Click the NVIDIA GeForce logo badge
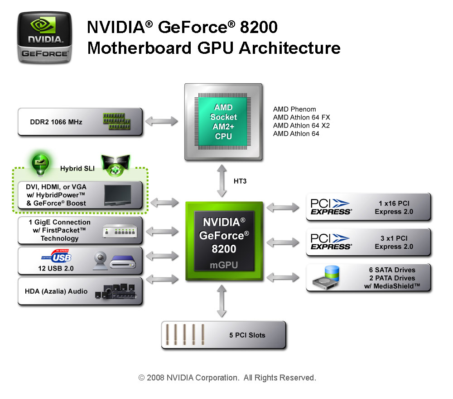(44, 37)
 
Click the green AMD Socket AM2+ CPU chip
(223, 122)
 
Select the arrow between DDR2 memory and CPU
(162, 122)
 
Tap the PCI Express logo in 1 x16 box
(331, 207)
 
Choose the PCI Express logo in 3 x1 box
(331, 242)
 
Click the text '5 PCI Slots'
(247, 335)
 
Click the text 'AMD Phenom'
(294, 109)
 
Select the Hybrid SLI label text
(77, 168)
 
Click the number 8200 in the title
(256, 28)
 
